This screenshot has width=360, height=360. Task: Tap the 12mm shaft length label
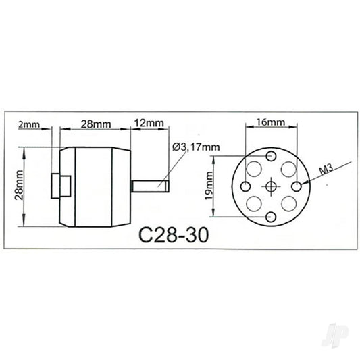[x=149, y=124]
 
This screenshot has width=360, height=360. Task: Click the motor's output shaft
[x=153, y=184]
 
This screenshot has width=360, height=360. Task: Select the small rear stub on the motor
[x=59, y=184]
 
